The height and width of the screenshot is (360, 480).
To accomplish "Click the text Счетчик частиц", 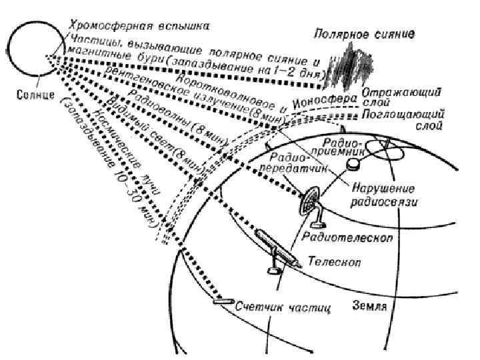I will (283, 308).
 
